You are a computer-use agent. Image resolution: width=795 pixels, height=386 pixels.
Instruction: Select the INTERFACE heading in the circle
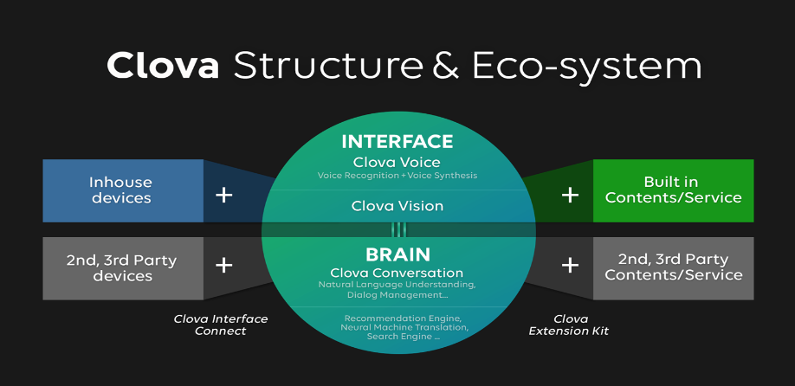(x=397, y=141)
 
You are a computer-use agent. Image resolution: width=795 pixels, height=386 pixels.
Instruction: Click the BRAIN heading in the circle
(x=397, y=254)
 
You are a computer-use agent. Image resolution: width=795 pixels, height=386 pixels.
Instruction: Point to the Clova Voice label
(x=397, y=162)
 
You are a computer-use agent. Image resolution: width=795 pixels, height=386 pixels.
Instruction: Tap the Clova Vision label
(x=397, y=206)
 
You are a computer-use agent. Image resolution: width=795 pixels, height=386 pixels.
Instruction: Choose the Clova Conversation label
(x=397, y=273)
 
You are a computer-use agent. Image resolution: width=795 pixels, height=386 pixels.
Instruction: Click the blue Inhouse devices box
(x=121, y=190)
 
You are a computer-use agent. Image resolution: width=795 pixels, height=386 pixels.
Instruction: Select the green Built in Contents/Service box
(x=674, y=190)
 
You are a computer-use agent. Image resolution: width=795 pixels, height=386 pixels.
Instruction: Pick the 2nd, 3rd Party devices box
(x=121, y=267)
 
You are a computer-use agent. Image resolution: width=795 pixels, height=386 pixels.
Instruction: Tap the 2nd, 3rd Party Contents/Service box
(x=674, y=267)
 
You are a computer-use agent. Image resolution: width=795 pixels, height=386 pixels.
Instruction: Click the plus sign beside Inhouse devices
(x=224, y=195)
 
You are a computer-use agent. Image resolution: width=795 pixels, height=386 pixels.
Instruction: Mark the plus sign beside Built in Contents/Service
(x=570, y=195)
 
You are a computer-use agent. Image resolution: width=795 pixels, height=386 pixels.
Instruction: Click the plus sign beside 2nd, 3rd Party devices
(x=224, y=265)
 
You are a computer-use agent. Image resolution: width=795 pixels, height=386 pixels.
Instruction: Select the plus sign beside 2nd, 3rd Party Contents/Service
(x=570, y=265)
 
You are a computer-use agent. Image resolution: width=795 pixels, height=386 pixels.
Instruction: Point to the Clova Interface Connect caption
(x=221, y=325)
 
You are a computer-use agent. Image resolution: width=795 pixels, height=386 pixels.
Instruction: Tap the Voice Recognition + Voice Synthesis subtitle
(x=397, y=176)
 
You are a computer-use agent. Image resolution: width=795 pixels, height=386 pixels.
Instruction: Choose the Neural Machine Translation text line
(x=397, y=327)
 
